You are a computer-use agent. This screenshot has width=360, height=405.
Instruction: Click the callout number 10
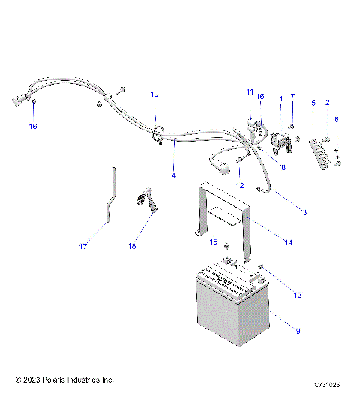click(x=154, y=94)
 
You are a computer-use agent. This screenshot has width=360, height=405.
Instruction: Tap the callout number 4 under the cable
click(x=174, y=175)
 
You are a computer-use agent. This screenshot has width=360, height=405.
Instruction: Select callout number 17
click(x=84, y=247)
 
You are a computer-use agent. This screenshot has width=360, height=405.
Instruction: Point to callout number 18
click(x=132, y=247)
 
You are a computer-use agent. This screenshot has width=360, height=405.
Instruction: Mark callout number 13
click(x=277, y=295)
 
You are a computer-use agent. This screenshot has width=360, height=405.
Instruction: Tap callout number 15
click(x=213, y=242)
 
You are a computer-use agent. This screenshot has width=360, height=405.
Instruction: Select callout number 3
click(x=304, y=213)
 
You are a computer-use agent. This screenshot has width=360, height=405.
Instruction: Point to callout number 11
click(x=250, y=91)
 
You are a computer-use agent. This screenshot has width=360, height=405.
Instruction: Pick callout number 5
click(x=313, y=102)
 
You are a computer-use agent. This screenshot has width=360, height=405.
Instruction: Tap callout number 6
click(x=337, y=119)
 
